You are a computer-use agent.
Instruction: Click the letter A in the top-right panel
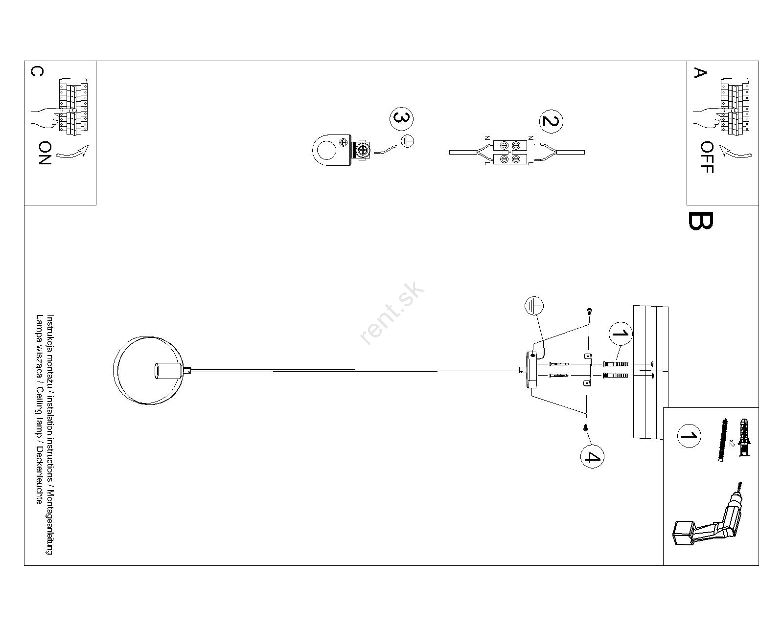coord(700,73)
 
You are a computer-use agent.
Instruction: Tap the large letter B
coord(700,221)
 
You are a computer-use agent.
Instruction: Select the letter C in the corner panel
coord(38,71)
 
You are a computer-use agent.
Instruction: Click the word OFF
coord(707,157)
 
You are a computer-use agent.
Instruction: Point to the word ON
coord(45,153)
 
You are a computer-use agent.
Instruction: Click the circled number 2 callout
coord(551,121)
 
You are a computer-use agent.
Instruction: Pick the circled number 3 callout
coord(401,119)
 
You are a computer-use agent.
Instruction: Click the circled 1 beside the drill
coord(689,436)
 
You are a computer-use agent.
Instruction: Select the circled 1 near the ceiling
coord(621,334)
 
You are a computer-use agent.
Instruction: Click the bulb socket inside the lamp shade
coord(168,371)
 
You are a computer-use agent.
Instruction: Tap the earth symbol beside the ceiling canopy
coord(534,306)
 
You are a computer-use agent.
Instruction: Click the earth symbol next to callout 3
coord(408,141)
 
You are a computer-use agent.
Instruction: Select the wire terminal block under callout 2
coord(510,152)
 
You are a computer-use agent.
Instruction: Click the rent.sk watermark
coord(391,313)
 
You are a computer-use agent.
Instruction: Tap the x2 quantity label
coord(732,442)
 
